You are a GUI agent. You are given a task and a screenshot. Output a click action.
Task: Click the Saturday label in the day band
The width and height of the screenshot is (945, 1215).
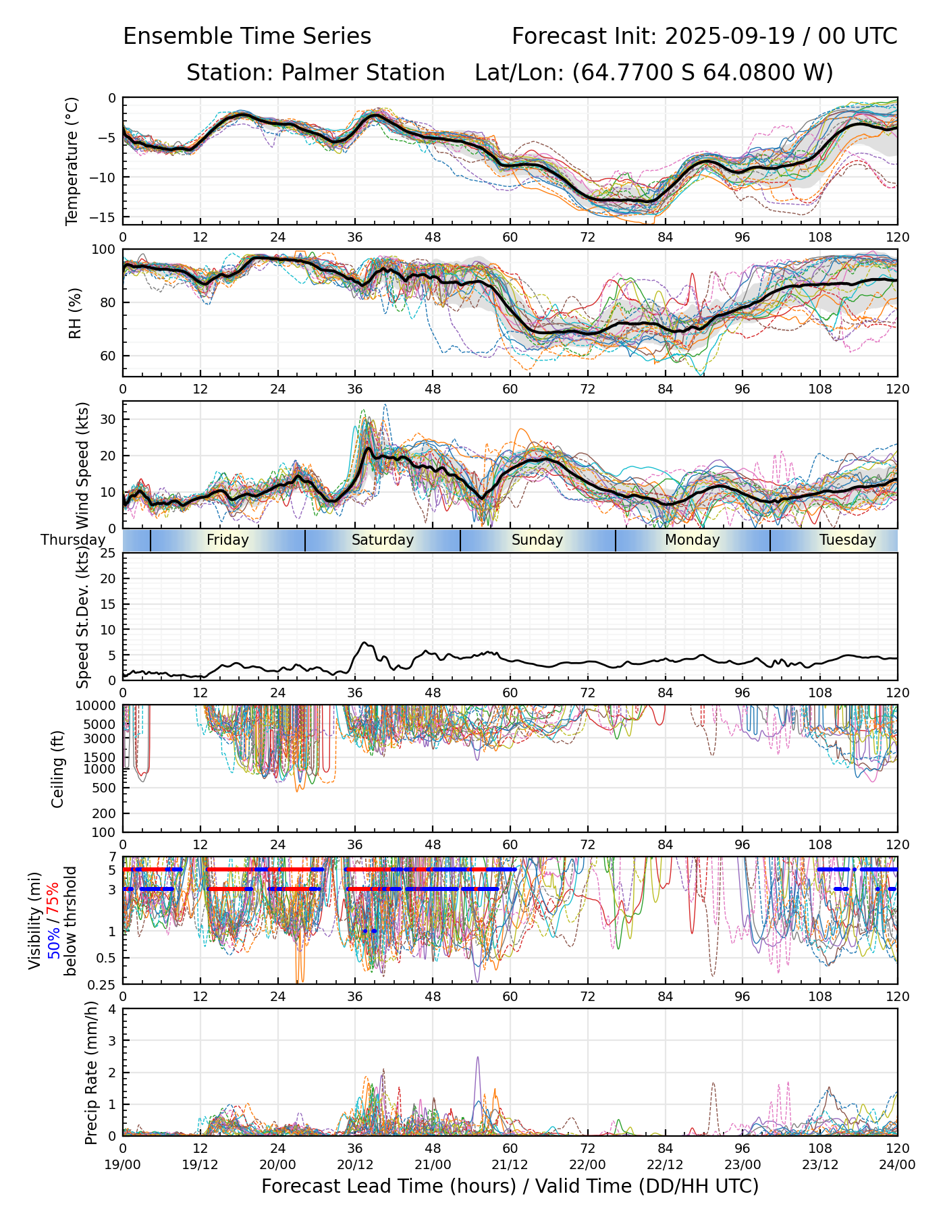(x=382, y=540)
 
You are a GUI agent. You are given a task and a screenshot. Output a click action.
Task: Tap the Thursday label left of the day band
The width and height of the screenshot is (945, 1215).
(x=73, y=540)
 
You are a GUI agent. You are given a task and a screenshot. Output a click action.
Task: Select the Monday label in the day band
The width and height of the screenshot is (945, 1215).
(x=692, y=540)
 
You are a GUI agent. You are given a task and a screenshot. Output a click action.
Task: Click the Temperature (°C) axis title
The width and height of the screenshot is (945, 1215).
(x=72, y=161)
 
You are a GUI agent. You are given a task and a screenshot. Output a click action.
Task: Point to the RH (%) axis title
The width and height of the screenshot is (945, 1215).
(x=75, y=313)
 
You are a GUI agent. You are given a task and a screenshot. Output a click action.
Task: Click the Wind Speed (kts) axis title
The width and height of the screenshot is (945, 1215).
(x=82, y=464)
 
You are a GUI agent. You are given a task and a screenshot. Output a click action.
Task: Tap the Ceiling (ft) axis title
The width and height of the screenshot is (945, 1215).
(x=58, y=768)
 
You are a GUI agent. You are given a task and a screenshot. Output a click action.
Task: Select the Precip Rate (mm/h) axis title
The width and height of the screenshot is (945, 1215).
(x=92, y=1072)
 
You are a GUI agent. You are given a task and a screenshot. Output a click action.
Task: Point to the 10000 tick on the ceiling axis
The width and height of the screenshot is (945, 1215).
(x=99, y=706)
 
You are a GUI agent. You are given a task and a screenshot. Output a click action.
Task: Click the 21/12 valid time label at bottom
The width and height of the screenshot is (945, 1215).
(x=510, y=1164)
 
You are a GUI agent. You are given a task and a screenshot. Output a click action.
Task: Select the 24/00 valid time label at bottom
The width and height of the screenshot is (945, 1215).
(x=897, y=1164)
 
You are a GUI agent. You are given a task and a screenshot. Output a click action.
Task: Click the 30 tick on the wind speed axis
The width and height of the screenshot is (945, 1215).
(x=108, y=419)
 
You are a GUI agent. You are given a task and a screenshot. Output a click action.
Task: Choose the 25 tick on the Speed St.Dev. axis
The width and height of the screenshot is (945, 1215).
(x=108, y=553)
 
